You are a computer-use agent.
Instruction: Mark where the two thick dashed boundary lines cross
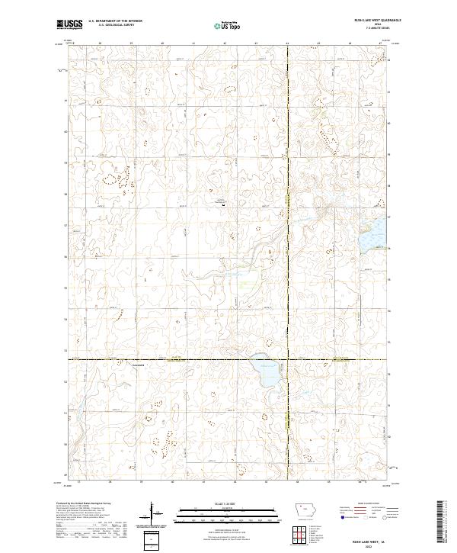point(287,358)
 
